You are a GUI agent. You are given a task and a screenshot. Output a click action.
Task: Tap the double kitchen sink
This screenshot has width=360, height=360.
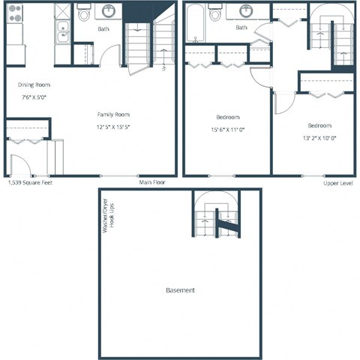[x=63, y=31]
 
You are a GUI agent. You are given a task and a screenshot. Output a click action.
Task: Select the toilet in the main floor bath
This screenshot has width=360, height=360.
[x=84, y=13]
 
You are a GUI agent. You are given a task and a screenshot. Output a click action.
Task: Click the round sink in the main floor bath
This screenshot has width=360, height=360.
[x=109, y=11]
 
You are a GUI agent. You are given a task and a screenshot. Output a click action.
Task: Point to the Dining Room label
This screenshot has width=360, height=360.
[x=34, y=85]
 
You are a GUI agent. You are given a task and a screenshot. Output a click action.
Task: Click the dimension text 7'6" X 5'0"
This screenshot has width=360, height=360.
[x=34, y=97]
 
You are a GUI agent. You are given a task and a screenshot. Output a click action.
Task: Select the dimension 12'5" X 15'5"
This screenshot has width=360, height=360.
[x=113, y=126]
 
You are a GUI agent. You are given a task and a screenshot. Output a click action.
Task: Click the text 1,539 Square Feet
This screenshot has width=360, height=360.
[x=30, y=182]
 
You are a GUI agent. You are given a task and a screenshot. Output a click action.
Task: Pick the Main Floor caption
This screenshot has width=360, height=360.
[x=152, y=182]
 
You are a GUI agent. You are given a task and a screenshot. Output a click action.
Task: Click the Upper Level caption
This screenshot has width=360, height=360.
[x=339, y=182]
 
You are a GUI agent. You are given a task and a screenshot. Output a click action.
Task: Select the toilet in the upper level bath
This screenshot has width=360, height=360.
[x=216, y=13]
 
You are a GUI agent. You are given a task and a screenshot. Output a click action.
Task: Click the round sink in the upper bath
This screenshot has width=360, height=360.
[x=246, y=11]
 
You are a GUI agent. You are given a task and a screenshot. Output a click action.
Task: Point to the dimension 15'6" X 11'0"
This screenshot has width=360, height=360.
[x=228, y=129]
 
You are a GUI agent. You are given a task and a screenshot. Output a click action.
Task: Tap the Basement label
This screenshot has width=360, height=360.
[x=181, y=290]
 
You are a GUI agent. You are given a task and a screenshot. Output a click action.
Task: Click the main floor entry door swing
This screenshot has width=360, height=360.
[x=20, y=165]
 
